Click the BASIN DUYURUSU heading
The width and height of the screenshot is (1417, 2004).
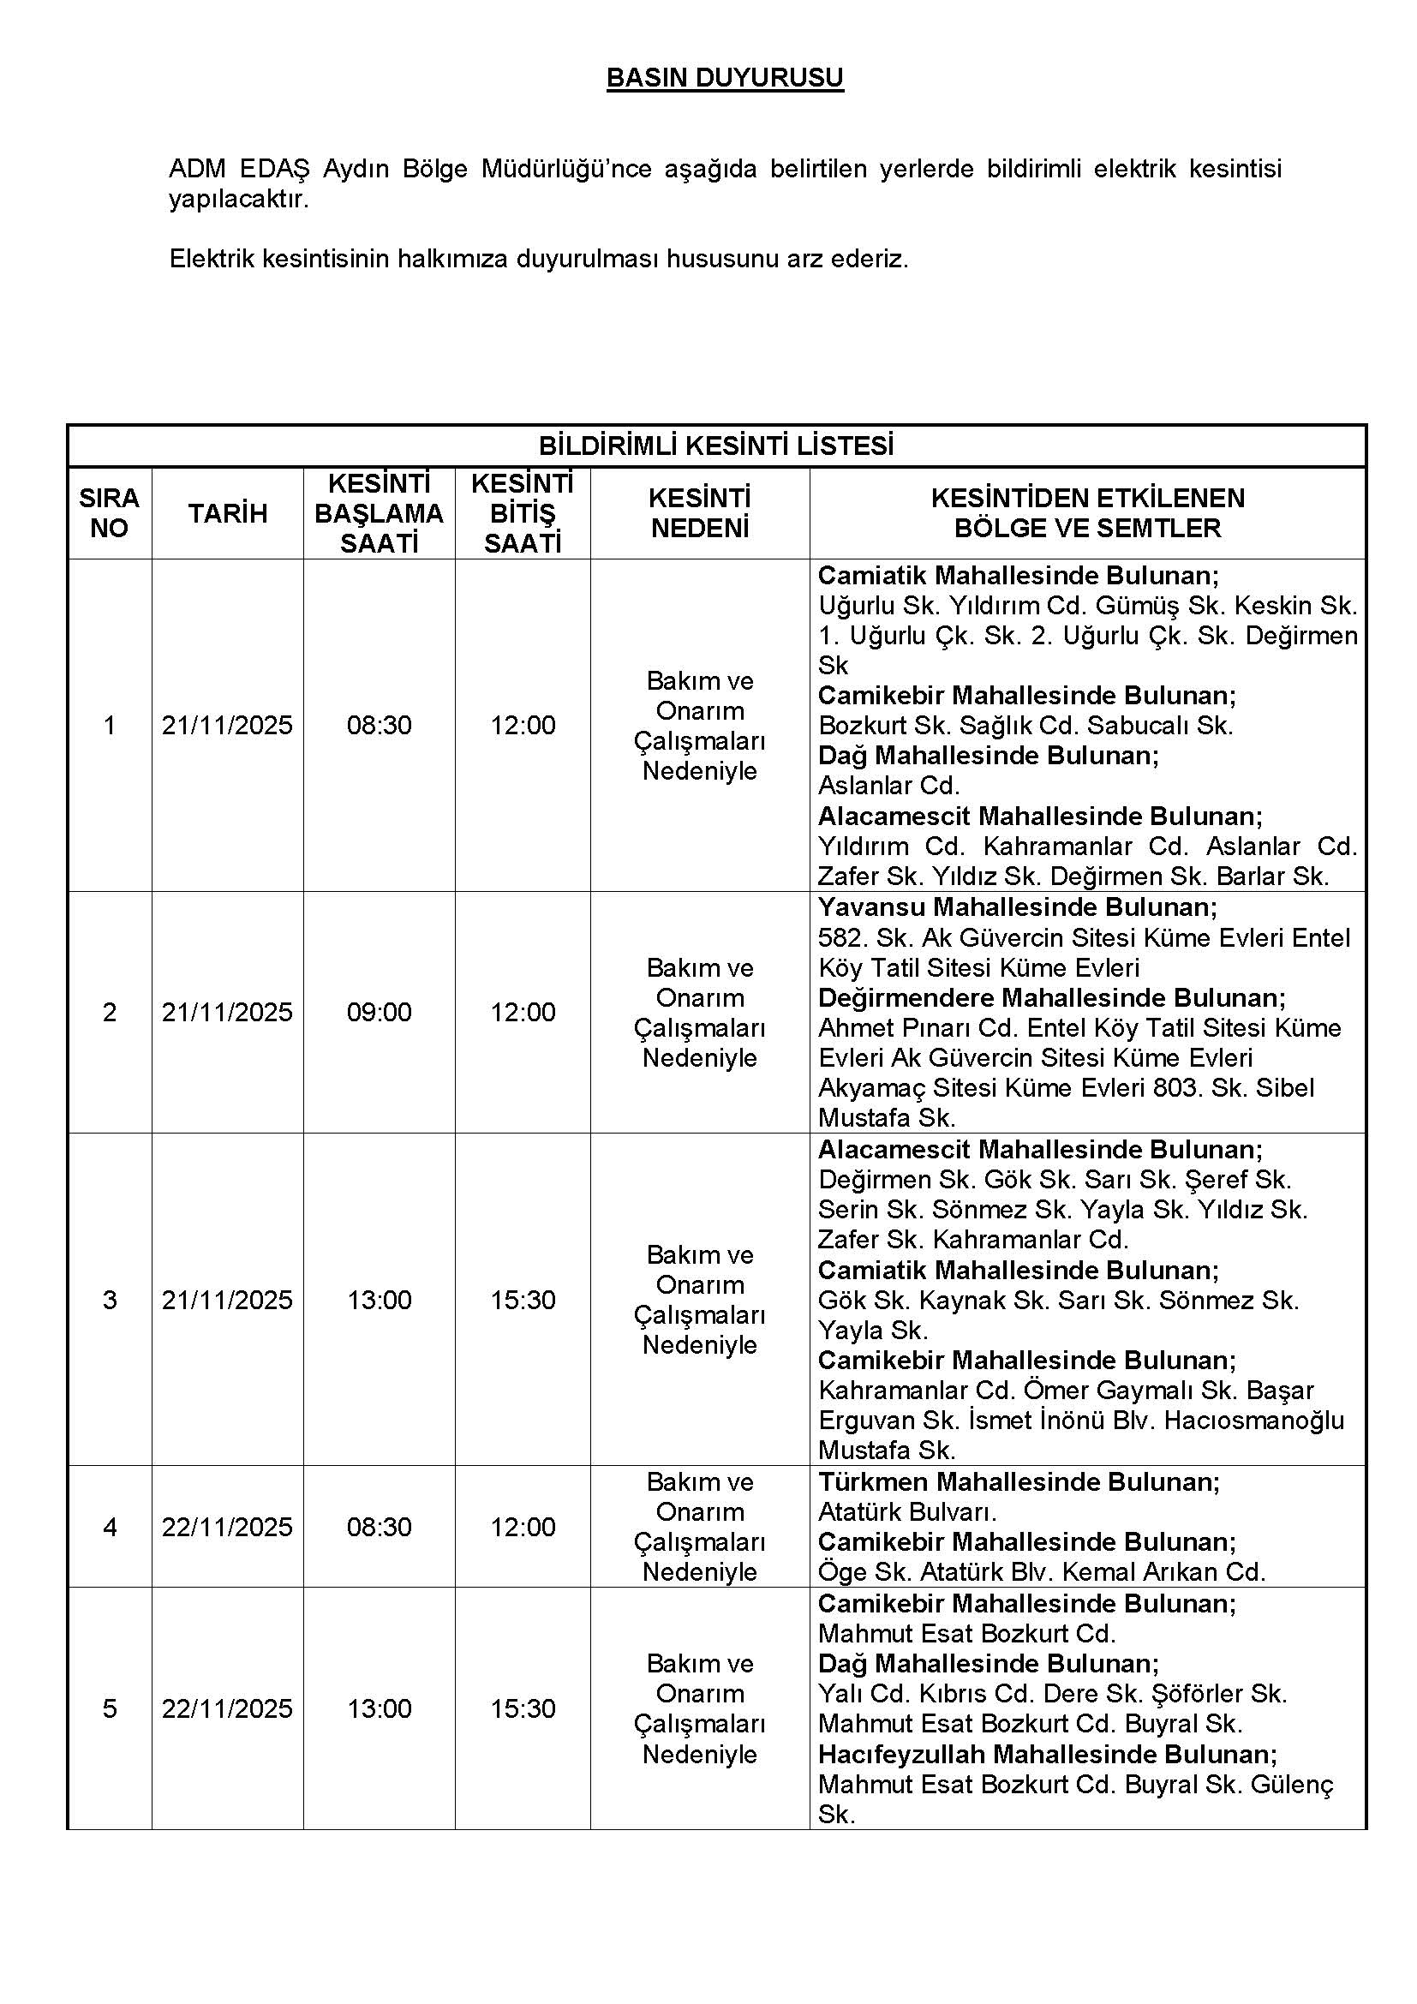pos(724,79)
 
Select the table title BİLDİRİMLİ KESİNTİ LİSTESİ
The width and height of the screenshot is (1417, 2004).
pos(715,446)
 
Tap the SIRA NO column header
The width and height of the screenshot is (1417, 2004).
pos(109,513)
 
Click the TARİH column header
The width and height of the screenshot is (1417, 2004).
pos(228,513)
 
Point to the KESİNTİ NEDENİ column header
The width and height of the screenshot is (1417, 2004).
pos(700,513)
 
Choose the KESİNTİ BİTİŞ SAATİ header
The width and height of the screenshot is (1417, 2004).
pos(522,513)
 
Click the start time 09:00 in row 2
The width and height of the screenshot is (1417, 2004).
pos(379,1012)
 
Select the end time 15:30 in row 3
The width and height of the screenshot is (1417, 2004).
pos(523,1300)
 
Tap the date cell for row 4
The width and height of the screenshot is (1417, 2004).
pos(227,1527)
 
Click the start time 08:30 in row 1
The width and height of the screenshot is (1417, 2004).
pos(379,726)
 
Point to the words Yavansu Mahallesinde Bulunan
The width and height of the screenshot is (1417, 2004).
pos(1018,907)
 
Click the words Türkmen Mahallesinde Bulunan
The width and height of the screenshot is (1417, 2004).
pos(1019,1482)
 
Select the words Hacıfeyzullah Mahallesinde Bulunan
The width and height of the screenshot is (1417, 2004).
pos(1047,1755)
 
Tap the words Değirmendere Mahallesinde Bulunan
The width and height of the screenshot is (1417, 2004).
pos(1051,997)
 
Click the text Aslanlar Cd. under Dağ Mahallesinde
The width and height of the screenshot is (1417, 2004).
pos(888,786)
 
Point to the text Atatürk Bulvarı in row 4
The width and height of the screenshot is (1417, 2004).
pos(906,1511)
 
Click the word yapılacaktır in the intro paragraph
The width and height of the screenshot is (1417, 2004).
pos(238,199)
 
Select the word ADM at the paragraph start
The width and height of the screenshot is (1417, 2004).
pos(197,169)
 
